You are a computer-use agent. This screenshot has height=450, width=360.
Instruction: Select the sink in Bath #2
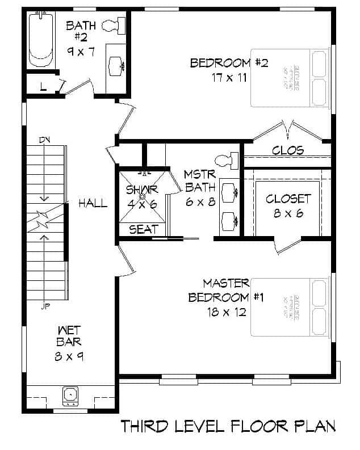click(x=118, y=65)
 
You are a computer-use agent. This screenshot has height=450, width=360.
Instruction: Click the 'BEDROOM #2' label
click(x=229, y=63)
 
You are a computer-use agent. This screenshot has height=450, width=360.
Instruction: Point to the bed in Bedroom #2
click(x=290, y=78)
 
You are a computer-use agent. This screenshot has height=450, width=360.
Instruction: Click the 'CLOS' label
click(x=288, y=151)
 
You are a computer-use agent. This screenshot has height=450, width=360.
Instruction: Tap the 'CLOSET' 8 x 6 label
click(x=288, y=199)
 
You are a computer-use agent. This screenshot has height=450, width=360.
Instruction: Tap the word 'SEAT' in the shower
click(x=144, y=230)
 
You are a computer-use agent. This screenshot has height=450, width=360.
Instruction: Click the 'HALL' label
click(x=93, y=203)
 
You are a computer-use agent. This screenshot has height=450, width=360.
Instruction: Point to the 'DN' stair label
click(x=45, y=140)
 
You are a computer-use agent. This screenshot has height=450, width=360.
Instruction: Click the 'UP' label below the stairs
click(x=45, y=306)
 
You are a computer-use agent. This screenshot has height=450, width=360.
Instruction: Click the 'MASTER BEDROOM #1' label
click(x=226, y=290)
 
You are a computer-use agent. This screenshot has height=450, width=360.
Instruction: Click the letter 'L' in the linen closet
click(x=43, y=86)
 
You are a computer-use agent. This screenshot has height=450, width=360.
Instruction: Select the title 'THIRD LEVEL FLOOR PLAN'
click(x=228, y=427)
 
